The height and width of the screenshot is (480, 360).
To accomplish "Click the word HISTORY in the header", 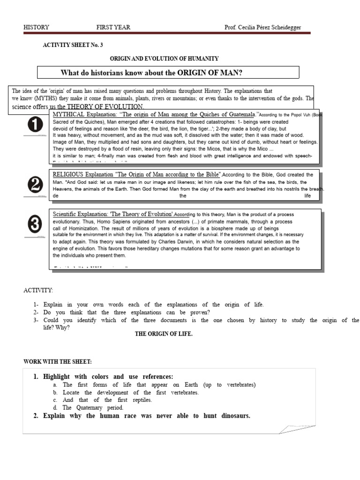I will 36,27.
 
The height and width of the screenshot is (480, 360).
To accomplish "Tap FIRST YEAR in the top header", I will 113,27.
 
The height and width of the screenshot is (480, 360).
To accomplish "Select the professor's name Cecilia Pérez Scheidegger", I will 269,28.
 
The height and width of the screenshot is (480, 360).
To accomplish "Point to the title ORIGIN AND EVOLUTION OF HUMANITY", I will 164,59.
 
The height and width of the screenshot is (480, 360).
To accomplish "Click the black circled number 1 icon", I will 35,125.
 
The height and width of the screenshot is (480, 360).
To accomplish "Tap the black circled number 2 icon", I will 35,186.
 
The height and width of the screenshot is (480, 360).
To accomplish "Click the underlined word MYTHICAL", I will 68,114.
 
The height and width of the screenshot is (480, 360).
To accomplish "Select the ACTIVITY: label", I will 38,291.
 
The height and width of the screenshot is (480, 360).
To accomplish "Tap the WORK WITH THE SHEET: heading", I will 58,361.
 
